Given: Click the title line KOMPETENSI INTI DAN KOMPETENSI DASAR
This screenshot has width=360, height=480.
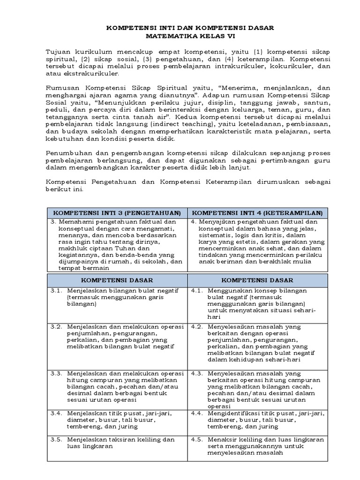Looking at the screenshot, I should pos(190,28).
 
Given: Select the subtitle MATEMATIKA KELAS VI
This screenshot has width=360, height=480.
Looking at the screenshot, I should pos(190,36).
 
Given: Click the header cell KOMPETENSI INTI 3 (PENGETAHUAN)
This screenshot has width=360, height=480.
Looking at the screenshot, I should pos(117,213).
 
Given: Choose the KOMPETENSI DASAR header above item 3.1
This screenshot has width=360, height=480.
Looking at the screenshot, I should pos(117,280).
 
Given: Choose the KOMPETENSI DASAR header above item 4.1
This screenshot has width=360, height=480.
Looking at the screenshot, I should pos(258,280).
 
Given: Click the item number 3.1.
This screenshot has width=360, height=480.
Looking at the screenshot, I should pos(56,291).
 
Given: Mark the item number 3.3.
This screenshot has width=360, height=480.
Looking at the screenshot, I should pos(56,374).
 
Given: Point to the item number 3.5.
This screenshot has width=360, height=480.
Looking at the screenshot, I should pos(56,440).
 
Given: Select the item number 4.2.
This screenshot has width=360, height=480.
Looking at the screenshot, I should pos(197,327).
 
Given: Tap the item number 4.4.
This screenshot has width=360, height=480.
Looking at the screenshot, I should pos(197,413).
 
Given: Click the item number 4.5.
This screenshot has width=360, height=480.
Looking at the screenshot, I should pos(197,440).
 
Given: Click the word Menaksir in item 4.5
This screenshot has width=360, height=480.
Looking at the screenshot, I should pos(222,440).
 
